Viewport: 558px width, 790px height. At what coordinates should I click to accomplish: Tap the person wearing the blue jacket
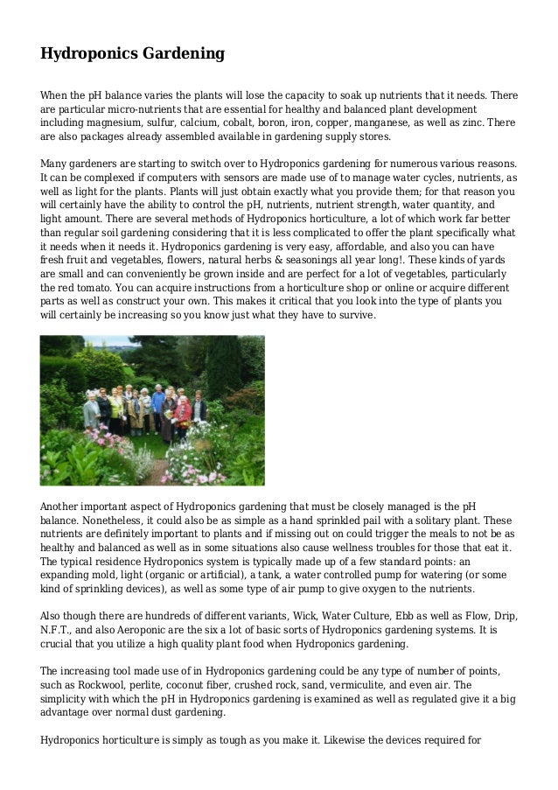158,401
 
